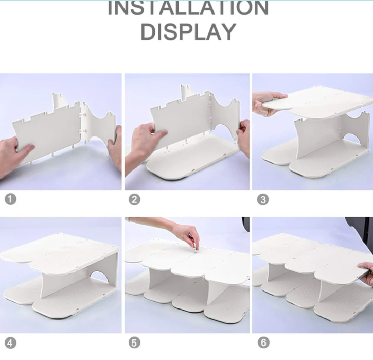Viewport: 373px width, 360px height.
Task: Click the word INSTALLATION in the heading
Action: [x=188, y=8]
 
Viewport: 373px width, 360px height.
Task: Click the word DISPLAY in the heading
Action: [x=188, y=32]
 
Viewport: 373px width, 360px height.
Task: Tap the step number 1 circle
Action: [x=10, y=199]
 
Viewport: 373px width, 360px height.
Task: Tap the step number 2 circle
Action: [x=134, y=199]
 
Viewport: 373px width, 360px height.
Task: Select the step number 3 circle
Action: [x=263, y=199]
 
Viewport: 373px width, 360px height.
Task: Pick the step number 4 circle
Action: [x=10, y=343]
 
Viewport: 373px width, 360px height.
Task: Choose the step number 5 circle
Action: [x=134, y=343]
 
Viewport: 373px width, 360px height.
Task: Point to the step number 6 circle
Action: [x=263, y=342]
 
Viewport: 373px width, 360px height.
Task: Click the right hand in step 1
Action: [x=115, y=148]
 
